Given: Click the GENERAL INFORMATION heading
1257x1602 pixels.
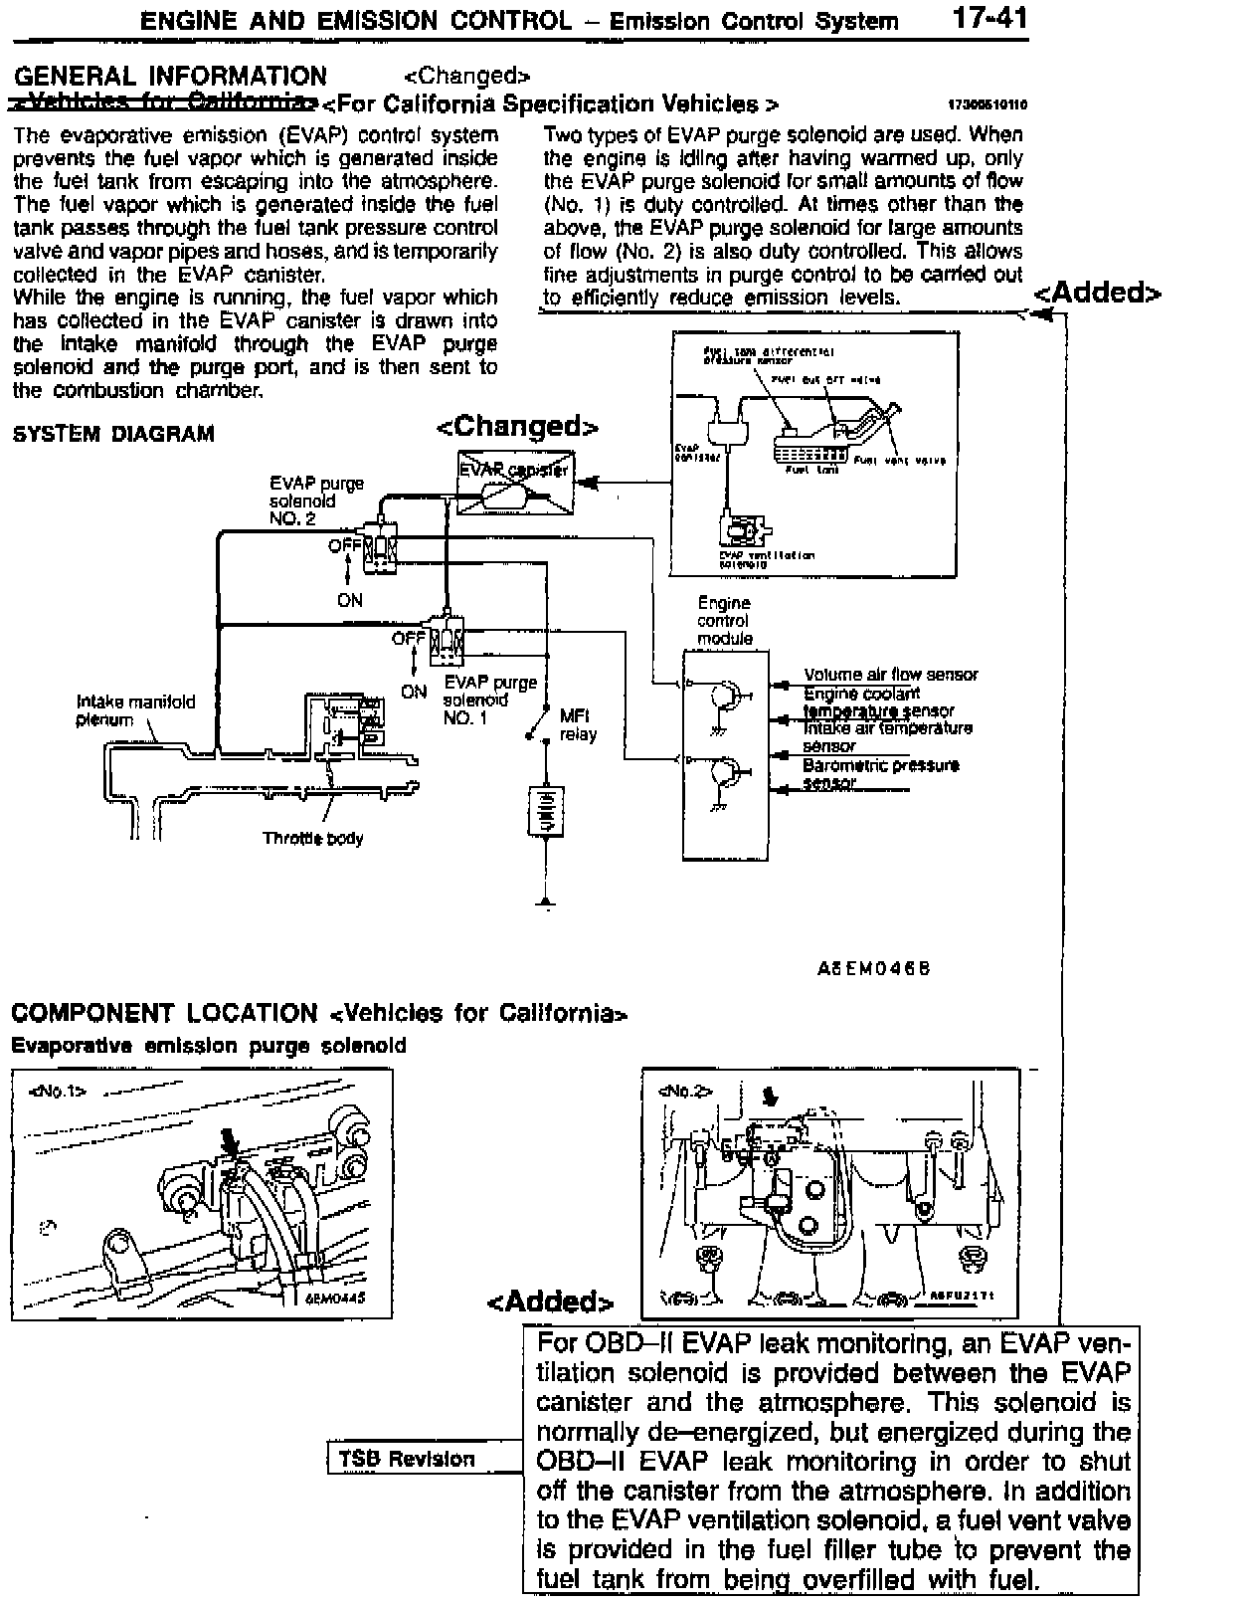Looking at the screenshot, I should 170,76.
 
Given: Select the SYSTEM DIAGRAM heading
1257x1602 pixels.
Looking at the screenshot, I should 113,434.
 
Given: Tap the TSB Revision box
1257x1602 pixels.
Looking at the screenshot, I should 407,1459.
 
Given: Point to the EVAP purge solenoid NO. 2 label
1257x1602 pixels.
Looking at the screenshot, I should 316,501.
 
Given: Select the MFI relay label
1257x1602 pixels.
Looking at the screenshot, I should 578,724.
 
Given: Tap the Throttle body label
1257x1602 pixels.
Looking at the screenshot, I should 312,838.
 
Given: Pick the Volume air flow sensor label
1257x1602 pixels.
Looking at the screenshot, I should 891,675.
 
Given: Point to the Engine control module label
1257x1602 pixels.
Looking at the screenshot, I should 724,620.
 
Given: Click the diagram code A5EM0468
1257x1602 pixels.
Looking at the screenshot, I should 873,967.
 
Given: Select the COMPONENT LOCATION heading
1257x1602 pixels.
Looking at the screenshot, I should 164,1013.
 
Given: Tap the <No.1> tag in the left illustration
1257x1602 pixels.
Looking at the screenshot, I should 59,1091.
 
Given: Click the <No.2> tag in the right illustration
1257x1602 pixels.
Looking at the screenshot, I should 685,1091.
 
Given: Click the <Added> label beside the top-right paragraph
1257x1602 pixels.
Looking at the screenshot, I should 1097,293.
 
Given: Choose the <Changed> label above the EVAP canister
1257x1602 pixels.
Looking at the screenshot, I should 517,427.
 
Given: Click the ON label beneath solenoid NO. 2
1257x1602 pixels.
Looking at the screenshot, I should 349,600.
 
